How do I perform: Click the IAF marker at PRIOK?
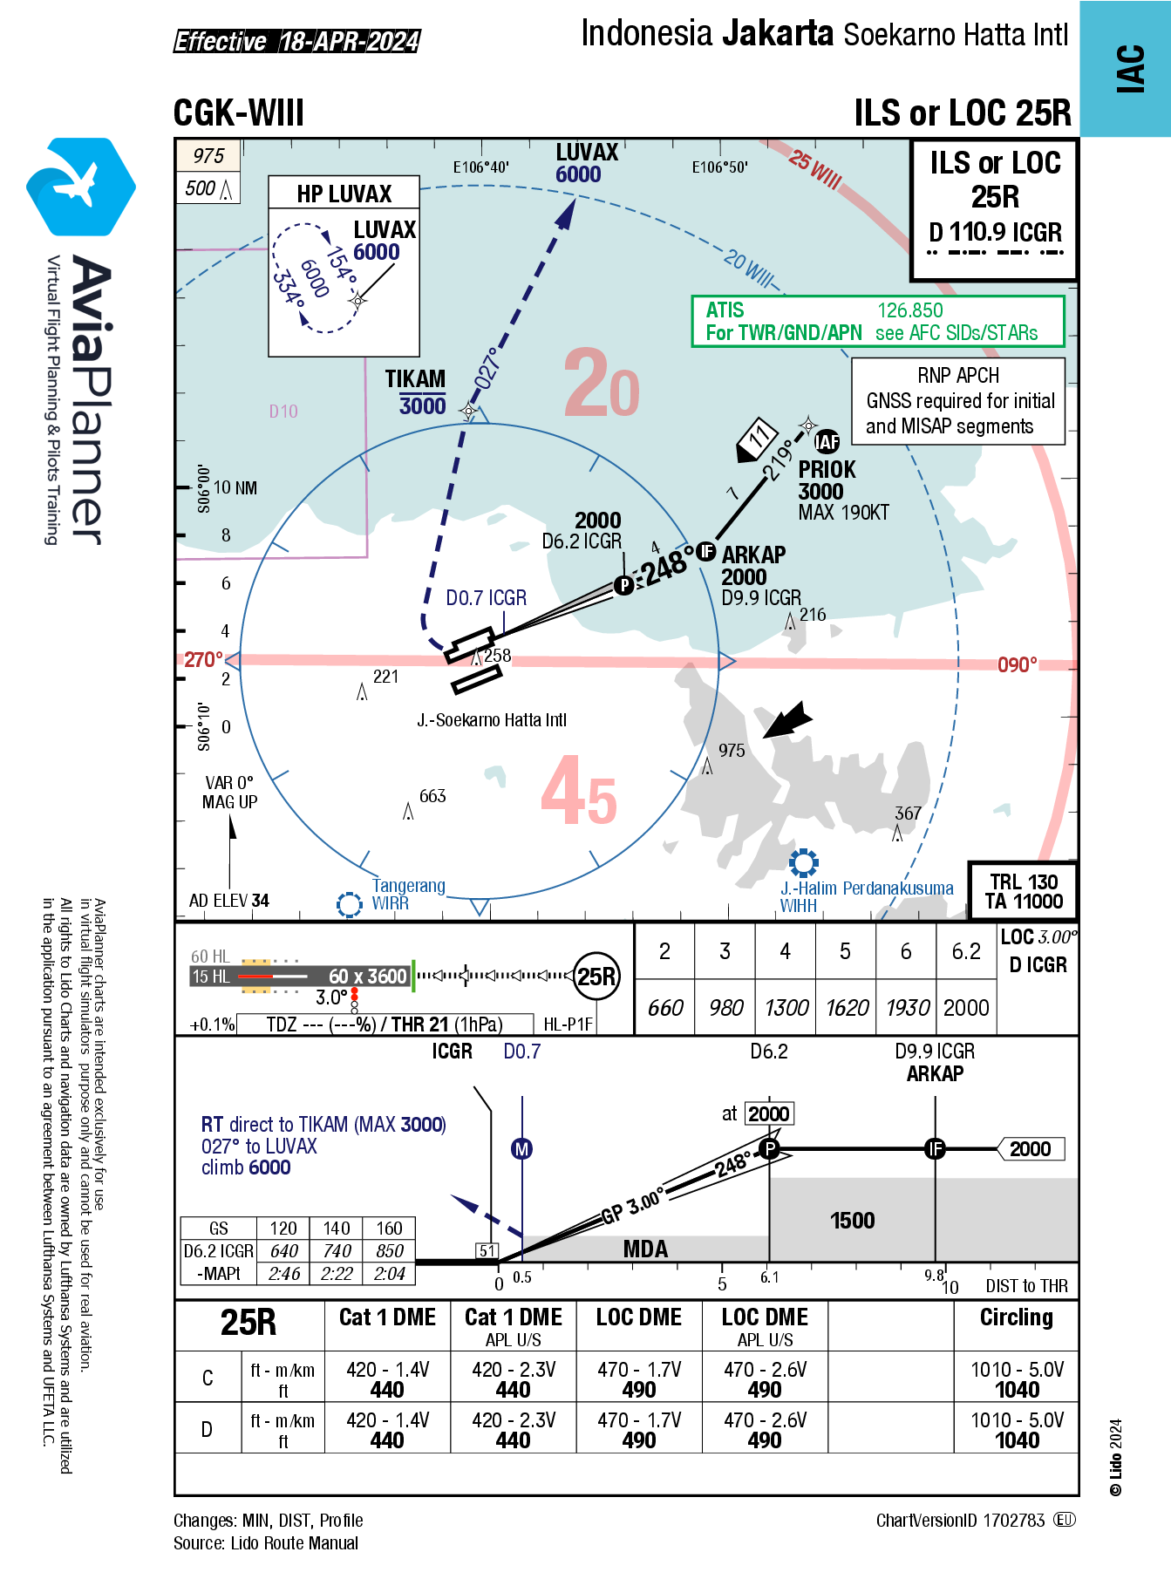[x=827, y=442]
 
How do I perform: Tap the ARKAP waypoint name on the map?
[x=753, y=555]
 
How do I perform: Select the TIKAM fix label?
[x=415, y=379]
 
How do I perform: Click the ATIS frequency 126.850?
[x=909, y=310]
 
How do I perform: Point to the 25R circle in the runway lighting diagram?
[x=596, y=976]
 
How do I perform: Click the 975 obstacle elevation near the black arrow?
[x=732, y=751]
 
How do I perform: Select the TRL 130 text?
[x=1024, y=881]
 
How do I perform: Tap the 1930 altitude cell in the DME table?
[x=907, y=1008]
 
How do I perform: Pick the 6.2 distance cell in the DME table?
[x=966, y=951]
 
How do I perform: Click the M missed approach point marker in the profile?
[x=521, y=1149]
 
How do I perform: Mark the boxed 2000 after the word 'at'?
[x=768, y=1113]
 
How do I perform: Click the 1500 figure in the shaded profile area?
[x=852, y=1221]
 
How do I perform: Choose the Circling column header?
[x=1016, y=1317]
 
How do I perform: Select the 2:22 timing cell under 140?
[x=337, y=1274]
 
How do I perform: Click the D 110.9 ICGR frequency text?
[x=995, y=232]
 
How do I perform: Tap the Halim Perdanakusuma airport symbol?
[x=803, y=863]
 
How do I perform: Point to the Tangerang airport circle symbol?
[x=350, y=904]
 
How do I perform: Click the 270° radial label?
[x=203, y=660]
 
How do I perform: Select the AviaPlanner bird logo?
[x=80, y=186]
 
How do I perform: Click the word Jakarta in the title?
[x=777, y=33]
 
